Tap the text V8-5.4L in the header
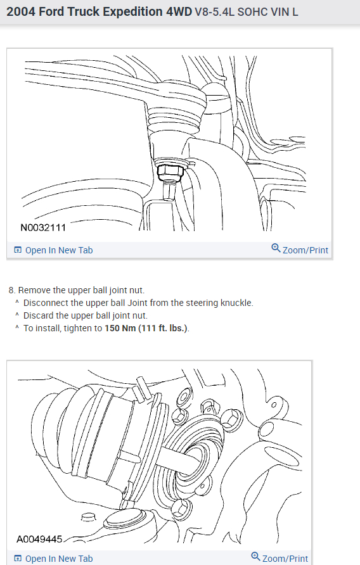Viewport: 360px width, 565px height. pos(214,12)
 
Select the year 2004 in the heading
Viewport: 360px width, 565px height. pos(21,12)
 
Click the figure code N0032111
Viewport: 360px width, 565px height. pos(43,227)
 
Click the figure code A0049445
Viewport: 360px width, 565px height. pos(39,539)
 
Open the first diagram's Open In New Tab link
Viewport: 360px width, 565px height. pos(59,250)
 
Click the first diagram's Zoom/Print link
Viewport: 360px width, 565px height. pos(305,250)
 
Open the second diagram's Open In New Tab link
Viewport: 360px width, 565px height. pos(59,559)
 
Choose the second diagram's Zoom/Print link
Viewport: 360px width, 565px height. pos(285,559)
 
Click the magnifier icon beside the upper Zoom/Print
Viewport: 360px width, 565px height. pos(276,248)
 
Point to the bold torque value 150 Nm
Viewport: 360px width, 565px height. pos(120,328)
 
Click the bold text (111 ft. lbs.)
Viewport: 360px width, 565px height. pos(163,328)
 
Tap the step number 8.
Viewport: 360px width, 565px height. pos(12,291)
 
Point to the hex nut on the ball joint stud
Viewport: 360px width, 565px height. pos(171,172)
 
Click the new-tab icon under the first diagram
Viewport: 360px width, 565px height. pos(18,250)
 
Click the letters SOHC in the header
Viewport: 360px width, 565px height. pos(250,12)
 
